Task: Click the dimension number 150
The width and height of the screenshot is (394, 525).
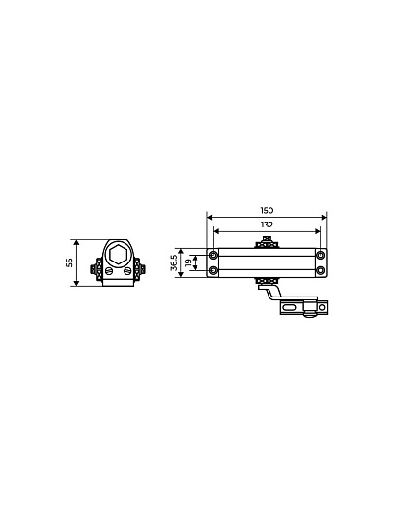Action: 267,210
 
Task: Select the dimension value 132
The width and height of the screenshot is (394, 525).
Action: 267,225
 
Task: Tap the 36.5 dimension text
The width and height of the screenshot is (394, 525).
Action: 174,262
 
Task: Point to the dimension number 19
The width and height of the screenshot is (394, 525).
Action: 189,262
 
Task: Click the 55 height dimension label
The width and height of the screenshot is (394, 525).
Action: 69,262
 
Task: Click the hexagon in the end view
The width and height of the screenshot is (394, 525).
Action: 118,255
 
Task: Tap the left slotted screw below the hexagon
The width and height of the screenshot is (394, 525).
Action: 108,271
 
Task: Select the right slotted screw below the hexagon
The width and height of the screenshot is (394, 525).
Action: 127,271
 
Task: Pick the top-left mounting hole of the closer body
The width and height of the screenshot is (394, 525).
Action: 213,255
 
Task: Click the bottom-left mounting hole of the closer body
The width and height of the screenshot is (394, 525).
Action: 213,270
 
